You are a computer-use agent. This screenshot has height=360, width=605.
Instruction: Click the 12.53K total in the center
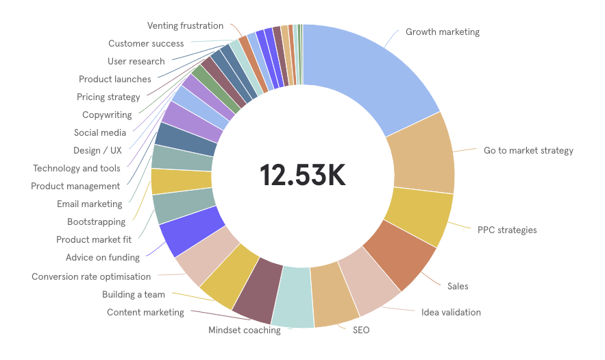pos(302,176)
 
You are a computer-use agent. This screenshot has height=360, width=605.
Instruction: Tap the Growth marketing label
pos(442,32)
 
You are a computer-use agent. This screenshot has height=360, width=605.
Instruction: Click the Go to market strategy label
pos(528,151)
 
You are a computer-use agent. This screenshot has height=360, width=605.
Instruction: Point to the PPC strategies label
pos(507,230)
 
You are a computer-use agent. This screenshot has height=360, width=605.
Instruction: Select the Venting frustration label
pos(185,26)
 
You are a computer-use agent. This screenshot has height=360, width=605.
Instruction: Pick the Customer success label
pos(146,44)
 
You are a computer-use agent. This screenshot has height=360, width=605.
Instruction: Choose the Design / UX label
pos(97,151)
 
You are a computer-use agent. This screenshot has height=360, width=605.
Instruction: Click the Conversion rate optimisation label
pos(91,277)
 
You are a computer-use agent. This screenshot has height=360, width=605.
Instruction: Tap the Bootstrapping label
pos(97,222)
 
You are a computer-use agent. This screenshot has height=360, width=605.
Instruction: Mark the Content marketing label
pos(145,313)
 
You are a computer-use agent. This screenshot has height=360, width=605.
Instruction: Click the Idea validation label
pos(451,313)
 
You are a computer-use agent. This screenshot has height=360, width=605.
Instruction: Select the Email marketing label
pos(90,204)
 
